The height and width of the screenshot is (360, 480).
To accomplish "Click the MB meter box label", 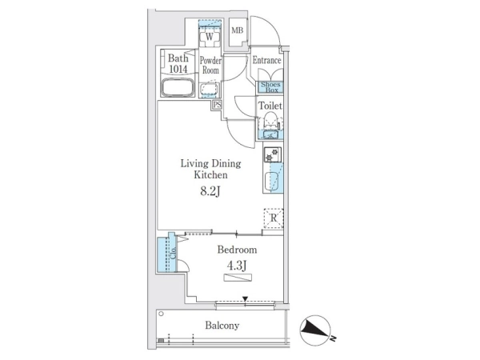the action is click(238, 30).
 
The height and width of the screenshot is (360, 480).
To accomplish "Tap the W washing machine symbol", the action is click(210, 37).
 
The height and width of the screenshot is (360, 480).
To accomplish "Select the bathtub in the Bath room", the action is click(178, 87).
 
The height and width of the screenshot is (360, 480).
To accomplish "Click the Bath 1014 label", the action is click(178, 63).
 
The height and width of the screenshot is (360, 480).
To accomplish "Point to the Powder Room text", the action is click(210, 66).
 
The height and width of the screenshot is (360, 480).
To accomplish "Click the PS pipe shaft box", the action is click(217, 105).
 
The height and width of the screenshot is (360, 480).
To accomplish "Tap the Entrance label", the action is click(266, 60).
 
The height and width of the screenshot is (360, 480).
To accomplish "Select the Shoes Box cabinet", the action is click(270, 87).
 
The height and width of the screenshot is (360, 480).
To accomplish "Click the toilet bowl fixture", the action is click(270, 120).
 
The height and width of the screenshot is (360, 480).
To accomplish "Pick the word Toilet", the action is click(270, 106).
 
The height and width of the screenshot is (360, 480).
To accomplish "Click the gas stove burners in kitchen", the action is click(273, 154).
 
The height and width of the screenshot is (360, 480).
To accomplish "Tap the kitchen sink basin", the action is click(271, 181).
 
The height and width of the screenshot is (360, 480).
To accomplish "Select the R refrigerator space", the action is click(274, 218).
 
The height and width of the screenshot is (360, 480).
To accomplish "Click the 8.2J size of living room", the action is click(210, 192).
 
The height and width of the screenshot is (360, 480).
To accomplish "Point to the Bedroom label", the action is click(237, 250).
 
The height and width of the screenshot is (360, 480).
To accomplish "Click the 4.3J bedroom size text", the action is click(237, 266).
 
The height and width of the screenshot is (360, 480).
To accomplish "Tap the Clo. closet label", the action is click(173, 253).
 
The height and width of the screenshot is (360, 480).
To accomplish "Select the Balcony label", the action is click(222, 325).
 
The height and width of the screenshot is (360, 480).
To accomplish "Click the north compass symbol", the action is click(316, 330).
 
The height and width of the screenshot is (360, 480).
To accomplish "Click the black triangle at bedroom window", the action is click(245, 298).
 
